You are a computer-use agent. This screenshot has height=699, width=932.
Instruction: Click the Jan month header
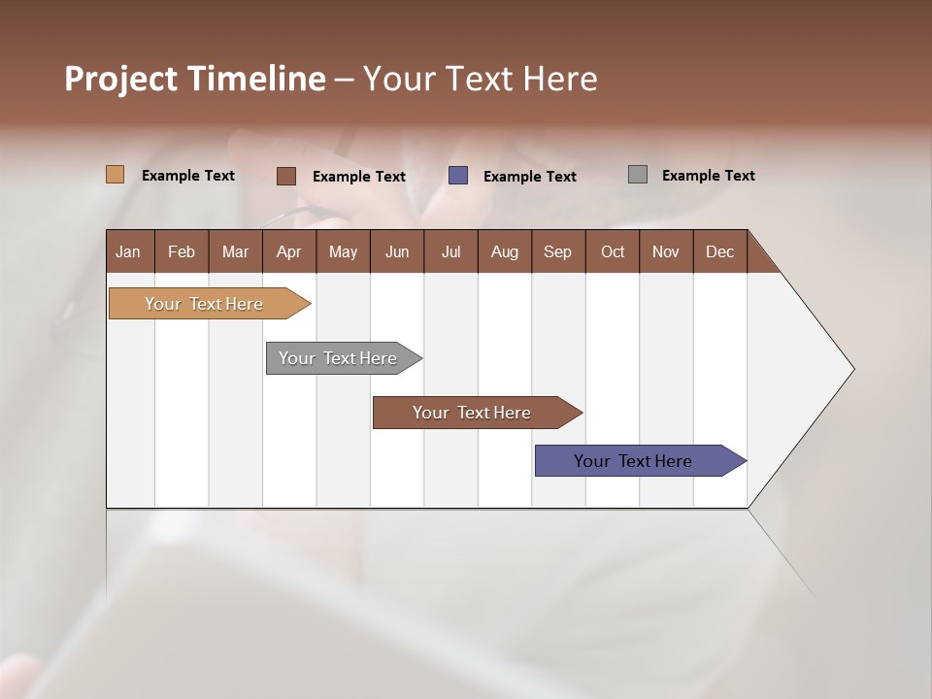click(x=128, y=251)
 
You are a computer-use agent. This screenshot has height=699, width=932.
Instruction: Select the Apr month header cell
click(x=288, y=251)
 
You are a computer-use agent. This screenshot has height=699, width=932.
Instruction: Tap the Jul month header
click(x=450, y=251)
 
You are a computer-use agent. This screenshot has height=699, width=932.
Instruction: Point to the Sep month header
click(x=557, y=251)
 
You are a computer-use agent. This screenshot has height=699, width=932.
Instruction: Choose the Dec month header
click(x=719, y=251)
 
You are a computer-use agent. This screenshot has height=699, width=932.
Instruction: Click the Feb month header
click(x=182, y=251)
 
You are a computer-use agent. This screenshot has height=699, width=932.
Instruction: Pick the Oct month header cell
click(x=613, y=251)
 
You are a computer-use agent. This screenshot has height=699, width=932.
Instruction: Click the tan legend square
click(x=115, y=175)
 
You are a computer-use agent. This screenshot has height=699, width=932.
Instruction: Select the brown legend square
click(x=285, y=176)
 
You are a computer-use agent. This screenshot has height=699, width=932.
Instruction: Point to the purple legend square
click(x=457, y=176)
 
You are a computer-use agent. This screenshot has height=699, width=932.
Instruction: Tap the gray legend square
click(x=637, y=175)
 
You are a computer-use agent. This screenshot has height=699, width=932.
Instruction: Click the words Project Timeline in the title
click(x=194, y=79)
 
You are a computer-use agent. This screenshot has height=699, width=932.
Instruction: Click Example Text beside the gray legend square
click(x=708, y=176)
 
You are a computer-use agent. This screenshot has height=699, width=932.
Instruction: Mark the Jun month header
click(x=397, y=251)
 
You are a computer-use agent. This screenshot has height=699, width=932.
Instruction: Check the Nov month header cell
click(x=665, y=251)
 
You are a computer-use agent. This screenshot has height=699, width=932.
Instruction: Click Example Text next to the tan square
click(x=187, y=176)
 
